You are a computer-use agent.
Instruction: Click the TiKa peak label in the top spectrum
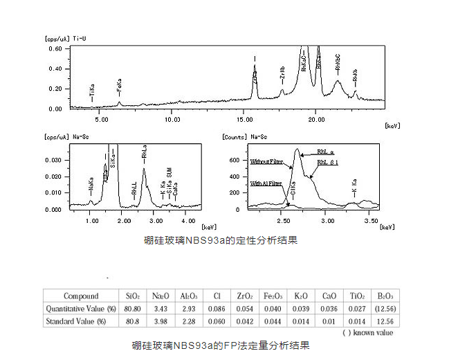pyautogui.click(x=91, y=91)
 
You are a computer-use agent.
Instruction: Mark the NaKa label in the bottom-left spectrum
pyautogui.click(x=91, y=186)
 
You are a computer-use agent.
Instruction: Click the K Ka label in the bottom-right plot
pyautogui.click(x=354, y=187)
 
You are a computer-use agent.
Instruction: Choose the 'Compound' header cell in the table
pyautogui.click(x=81, y=296)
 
